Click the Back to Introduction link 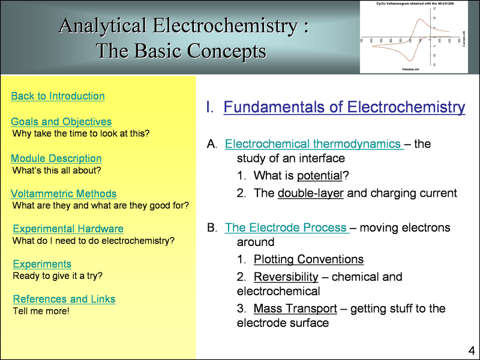tap(58, 96)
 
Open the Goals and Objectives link tap(61, 122)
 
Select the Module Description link tap(56, 158)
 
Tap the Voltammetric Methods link tap(64, 194)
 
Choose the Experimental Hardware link tap(68, 229)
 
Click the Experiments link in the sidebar tap(42, 264)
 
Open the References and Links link tap(64, 299)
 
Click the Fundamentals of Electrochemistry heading tap(344, 107)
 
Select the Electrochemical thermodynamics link tap(313, 144)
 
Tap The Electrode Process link tap(286, 228)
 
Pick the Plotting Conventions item tap(308, 260)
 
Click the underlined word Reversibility tap(286, 277)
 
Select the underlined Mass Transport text tap(294, 308)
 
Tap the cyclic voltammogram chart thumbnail tap(413, 37)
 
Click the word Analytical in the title tap(103, 26)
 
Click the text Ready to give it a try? tap(58, 276)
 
